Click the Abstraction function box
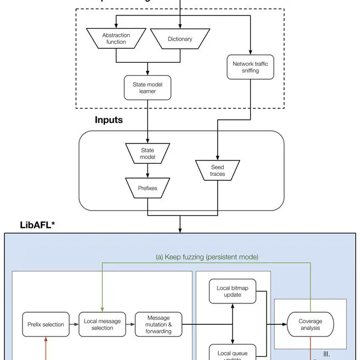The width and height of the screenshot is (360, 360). pyautogui.click(x=116, y=38)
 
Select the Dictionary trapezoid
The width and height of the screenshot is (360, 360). pyautogui.click(x=180, y=38)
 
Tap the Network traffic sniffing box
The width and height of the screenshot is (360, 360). pyautogui.click(x=250, y=67)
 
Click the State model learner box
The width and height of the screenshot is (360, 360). pyautogui.click(x=147, y=88)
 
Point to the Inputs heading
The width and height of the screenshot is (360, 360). pyautogui.click(x=109, y=120)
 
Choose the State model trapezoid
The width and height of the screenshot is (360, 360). pyautogui.click(x=147, y=153)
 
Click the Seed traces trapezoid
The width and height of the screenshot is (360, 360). pyautogui.click(x=217, y=170)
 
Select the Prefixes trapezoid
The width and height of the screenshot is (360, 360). pyautogui.click(x=147, y=188)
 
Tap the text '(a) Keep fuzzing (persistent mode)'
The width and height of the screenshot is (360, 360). pyautogui.click(x=207, y=256)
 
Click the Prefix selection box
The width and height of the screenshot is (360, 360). pyautogui.click(x=46, y=324)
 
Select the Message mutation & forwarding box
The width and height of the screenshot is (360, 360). pyautogui.click(x=158, y=324)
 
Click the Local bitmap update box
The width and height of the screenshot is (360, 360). pyautogui.click(x=232, y=291)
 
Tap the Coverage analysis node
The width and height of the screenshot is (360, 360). pyautogui.click(x=310, y=324)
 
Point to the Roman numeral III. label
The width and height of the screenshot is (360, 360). pyautogui.click(x=326, y=355)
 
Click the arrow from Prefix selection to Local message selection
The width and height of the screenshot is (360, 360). pyautogui.click(x=74, y=324)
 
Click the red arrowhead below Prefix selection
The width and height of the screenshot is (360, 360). pyautogui.click(x=46, y=340)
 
